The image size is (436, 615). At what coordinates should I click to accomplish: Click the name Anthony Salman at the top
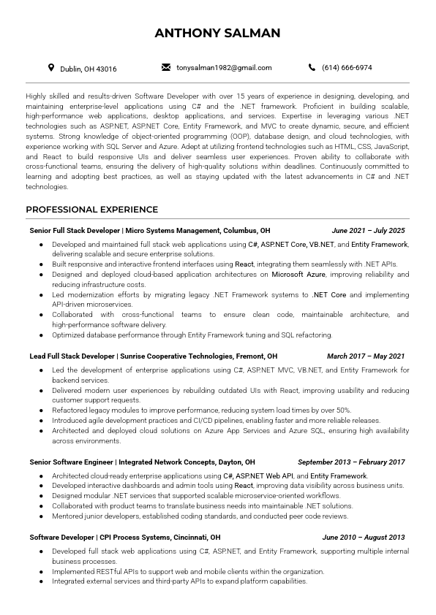coord(217,33)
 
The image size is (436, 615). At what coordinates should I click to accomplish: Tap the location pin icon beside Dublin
coord(51,68)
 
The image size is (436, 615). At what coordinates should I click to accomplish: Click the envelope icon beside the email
coord(166,68)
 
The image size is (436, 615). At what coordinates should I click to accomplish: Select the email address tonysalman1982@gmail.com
coord(224,68)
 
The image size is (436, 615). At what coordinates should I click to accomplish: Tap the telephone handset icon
coord(312,68)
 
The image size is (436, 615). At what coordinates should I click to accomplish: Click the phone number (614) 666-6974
coord(347,68)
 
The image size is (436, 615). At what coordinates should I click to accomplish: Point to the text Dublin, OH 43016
coord(88,69)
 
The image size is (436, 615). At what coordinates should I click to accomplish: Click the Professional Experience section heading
coord(92,210)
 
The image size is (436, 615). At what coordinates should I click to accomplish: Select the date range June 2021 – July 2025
coord(368,230)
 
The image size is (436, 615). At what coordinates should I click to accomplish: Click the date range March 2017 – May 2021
coord(366,356)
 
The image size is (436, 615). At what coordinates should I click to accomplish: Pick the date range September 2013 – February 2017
coord(351,462)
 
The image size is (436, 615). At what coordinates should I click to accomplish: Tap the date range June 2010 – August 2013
coord(364,537)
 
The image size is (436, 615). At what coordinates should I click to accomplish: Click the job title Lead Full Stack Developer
coord(72,356)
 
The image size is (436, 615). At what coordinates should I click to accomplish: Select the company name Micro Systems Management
coord(172,230)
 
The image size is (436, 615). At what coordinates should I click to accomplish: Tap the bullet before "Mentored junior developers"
coord(42,516)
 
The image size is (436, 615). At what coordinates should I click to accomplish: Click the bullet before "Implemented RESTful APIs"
coord(42,572)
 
